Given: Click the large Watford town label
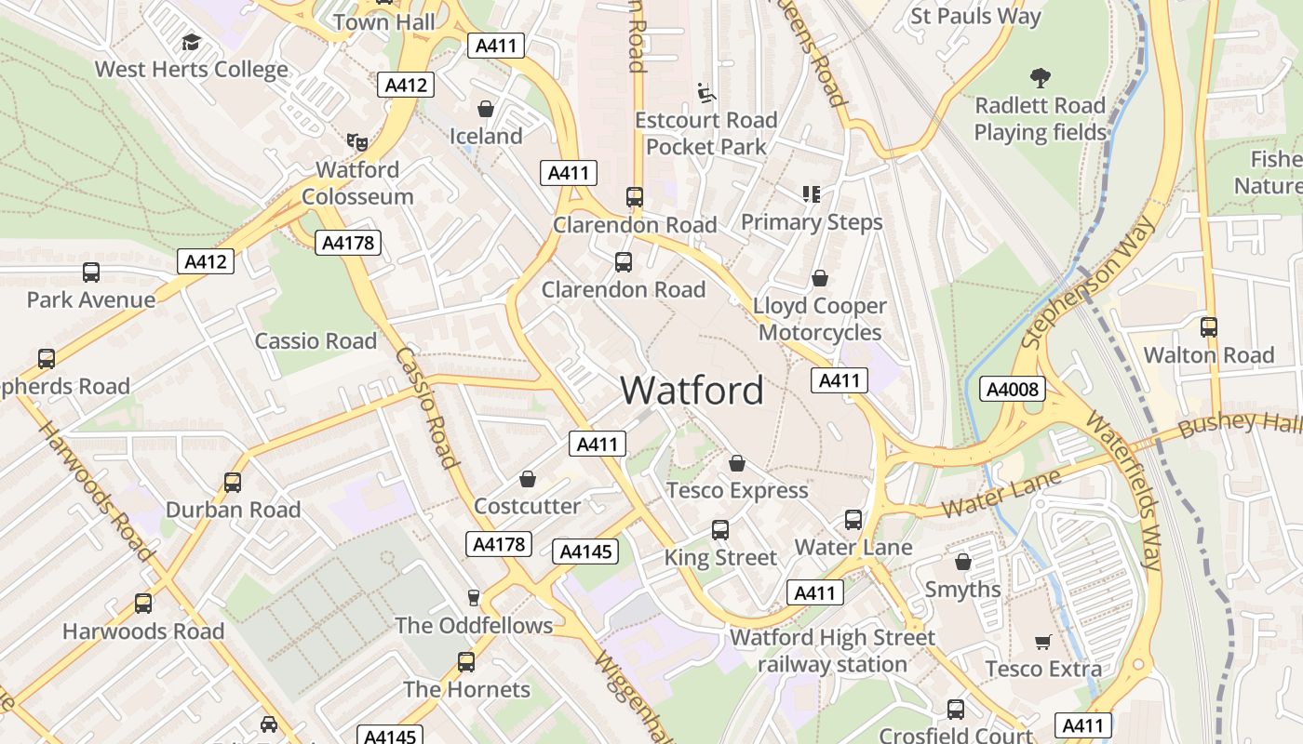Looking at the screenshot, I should coord(692,390).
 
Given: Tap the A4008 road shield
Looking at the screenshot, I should coord(1012,389).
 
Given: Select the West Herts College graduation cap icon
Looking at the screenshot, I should coord(191,42).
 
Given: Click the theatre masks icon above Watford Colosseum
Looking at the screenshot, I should coord(356,142).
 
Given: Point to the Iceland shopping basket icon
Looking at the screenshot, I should coord(486,109).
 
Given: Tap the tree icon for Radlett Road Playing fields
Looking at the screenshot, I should coord(1040,78).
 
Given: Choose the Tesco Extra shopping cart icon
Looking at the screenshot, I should coord(1043,642).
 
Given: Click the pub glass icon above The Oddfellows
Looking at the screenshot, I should coord(474,598).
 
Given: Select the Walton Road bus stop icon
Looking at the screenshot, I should coord(1208,327).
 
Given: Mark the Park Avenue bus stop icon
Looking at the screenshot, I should coord(90,272).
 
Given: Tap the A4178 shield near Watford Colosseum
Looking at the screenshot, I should coord(348,243).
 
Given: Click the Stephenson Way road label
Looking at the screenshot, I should coord(1089,283).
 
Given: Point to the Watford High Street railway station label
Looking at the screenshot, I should coord(832,651).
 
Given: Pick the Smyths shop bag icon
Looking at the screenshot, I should coord(963,562).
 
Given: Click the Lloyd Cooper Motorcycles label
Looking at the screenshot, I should coord(820,319).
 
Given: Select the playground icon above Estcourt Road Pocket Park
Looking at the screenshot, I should coord(706,92).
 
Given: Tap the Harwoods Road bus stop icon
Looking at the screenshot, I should coord(142,604).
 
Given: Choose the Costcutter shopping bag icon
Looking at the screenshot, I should coord(528,479).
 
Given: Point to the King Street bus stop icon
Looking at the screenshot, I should coord(719,530).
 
